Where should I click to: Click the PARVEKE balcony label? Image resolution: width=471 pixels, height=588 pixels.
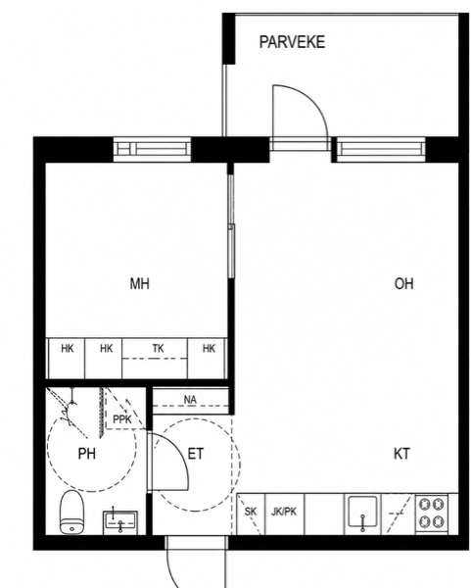click(292, 42)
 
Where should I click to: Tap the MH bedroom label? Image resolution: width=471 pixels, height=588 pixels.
click(139, 283)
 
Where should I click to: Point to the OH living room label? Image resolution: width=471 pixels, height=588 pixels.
click(404, 283)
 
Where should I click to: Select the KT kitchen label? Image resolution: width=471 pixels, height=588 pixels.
click(401, 454)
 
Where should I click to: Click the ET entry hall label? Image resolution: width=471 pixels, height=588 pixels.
click(195, 454)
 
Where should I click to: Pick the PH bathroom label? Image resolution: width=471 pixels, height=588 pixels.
click(86, 454)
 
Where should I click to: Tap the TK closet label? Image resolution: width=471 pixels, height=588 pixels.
click(158, 349)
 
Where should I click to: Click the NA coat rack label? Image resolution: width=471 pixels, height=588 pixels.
click(190, 400)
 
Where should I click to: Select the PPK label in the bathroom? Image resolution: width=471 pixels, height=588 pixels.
click(122, 419)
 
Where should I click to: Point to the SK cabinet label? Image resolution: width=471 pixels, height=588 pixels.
click(251, 512)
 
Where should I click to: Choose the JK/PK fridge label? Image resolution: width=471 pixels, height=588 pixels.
click(284, 512)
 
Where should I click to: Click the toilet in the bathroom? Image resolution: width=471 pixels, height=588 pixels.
click(71, 512)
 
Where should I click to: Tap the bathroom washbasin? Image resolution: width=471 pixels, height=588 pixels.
click(120, 521)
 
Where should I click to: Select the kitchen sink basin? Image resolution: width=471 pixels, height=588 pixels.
click(362, 512)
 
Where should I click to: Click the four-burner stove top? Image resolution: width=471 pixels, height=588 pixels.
click(432, 513)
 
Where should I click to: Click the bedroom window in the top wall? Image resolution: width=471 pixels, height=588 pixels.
click(152, 149)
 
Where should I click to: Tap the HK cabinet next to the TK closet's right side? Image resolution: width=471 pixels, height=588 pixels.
click(208, 358)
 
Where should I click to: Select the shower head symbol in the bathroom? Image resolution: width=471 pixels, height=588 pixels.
click(71, 407)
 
